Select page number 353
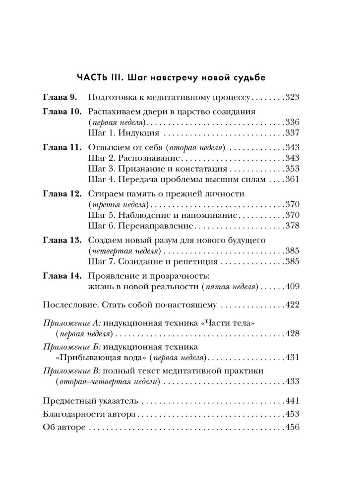pyautogui.click(x=294, y=168)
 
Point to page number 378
pyautogui.click(x=294, y=226)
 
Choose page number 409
pyautogui.click(x=294, y=286)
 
